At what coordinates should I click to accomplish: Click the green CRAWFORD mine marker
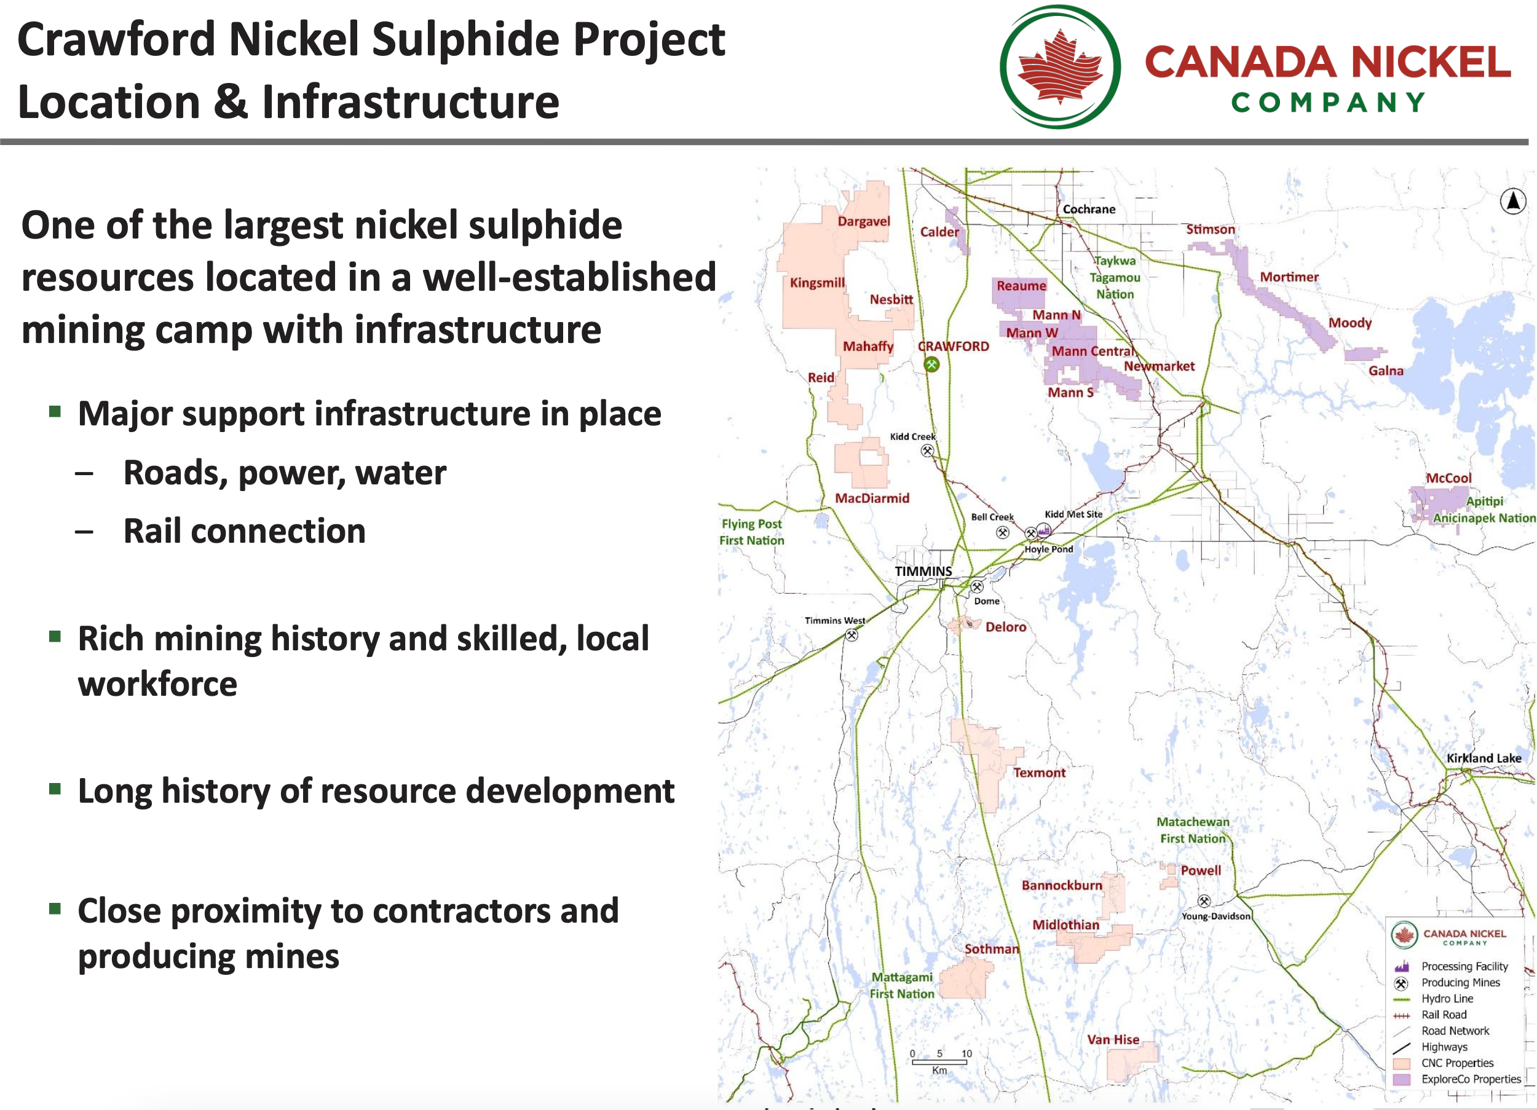(x=932, y=364)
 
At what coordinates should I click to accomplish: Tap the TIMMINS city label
(x=923, y=571)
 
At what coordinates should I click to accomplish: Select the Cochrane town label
(x=1088, y=210)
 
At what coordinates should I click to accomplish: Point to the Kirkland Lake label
(x=1484, y=758)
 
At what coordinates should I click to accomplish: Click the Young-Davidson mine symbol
(x=1204, y=901)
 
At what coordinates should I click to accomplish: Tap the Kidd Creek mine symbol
(x=927, y=451)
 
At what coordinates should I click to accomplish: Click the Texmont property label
(x=1039, y=773)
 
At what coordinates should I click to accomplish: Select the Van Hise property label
(x=1113, y=1039)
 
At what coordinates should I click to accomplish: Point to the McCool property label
(x=1448, y=478)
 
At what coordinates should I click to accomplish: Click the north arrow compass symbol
(x=1512, y=201)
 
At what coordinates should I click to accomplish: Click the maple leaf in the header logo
(x=1061, y=66)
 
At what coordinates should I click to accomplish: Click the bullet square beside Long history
(x=55, y=788)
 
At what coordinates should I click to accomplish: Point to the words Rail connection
(x=244, y=530)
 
